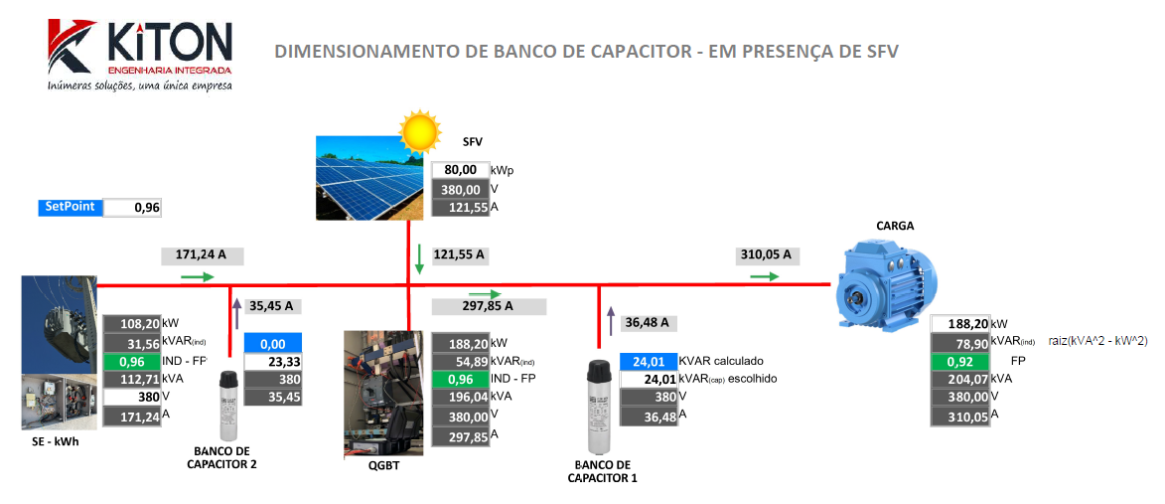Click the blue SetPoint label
click(69, 208)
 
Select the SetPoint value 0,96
click(132, 208)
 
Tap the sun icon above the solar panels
click(418, 131)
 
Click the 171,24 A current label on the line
click(201, 255)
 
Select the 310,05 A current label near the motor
click(765, 254)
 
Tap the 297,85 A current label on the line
click(487, 306)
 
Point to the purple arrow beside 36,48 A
click(611, 321)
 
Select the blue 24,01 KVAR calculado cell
click(647, 361)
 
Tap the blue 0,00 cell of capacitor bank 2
click(272, 343)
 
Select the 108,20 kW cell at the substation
click(133, 324)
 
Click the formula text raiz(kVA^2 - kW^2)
click(1097, 341)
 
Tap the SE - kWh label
click(55, 441)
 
